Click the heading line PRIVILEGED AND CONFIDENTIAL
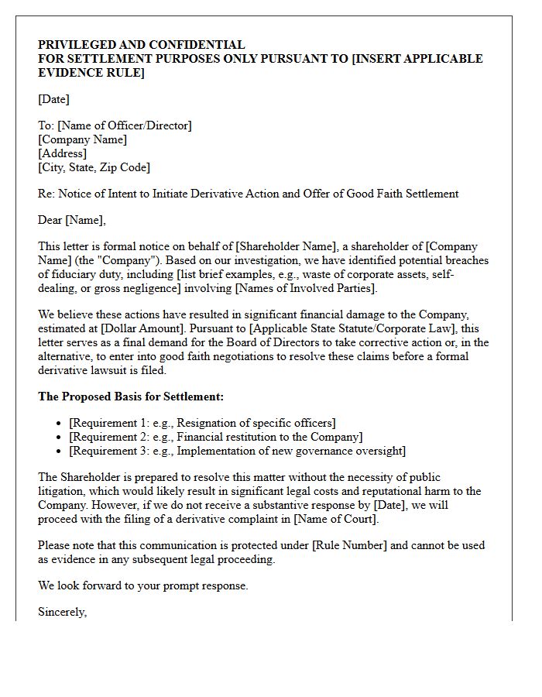tap(141, 45)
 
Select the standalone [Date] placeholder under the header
tap(53, 99)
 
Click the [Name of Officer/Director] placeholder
tap(125, 125)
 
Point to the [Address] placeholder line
tap(62, 153)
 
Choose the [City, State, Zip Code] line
tap(94, 167)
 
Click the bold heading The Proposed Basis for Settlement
tap(131, 397)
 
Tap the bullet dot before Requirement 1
tap(60, 424)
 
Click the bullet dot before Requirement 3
tap(60, 452)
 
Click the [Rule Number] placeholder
tap(349, 545)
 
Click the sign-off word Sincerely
tap(62, 612)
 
